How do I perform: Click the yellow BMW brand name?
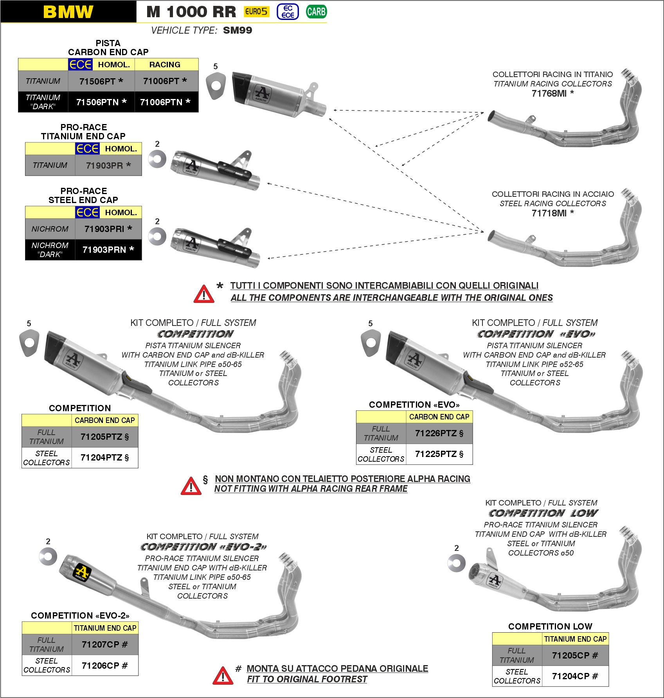pos(68,12)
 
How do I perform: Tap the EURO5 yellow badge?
pos(256,12)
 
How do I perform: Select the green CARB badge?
pos(316,12)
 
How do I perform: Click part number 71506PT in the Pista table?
pos(101,81)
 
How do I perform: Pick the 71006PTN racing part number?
pos(165,102)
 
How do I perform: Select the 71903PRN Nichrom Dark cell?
pos(108,250)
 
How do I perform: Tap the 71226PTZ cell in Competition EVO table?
pos(439,433)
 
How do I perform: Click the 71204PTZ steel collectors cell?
pos(105,457)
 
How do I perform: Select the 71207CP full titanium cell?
pos(105,644)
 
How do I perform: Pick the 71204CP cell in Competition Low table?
pos(575,676)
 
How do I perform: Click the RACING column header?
pos(165,65)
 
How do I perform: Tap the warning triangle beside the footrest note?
pos(223,676)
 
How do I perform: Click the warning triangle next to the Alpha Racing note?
pos(191,486)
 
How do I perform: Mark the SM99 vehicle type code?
pos(238,30)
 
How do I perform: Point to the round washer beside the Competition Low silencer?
pos(457,563)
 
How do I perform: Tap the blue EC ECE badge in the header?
pos(288,12)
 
